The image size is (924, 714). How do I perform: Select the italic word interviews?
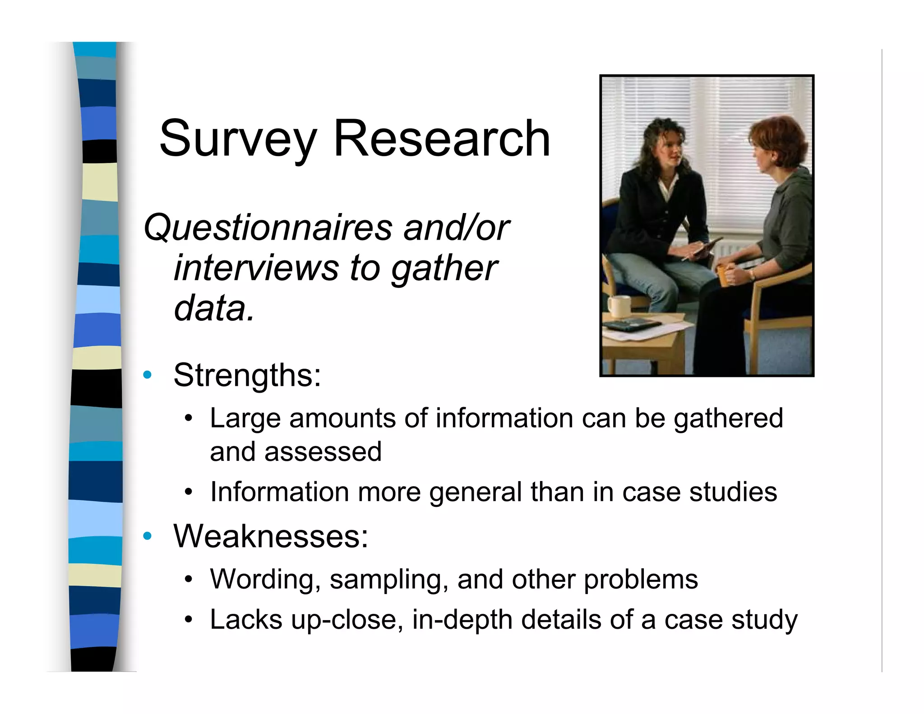[255, 268]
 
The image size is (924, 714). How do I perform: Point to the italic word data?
[214, 309]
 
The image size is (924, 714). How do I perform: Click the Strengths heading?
[247, 375]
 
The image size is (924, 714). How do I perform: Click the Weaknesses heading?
[271, 536]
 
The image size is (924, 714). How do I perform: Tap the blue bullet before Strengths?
[147, 375]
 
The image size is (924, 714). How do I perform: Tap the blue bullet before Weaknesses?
[147, 536]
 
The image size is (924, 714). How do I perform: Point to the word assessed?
[323, 452]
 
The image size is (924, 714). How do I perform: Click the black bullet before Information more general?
[189, 492]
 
